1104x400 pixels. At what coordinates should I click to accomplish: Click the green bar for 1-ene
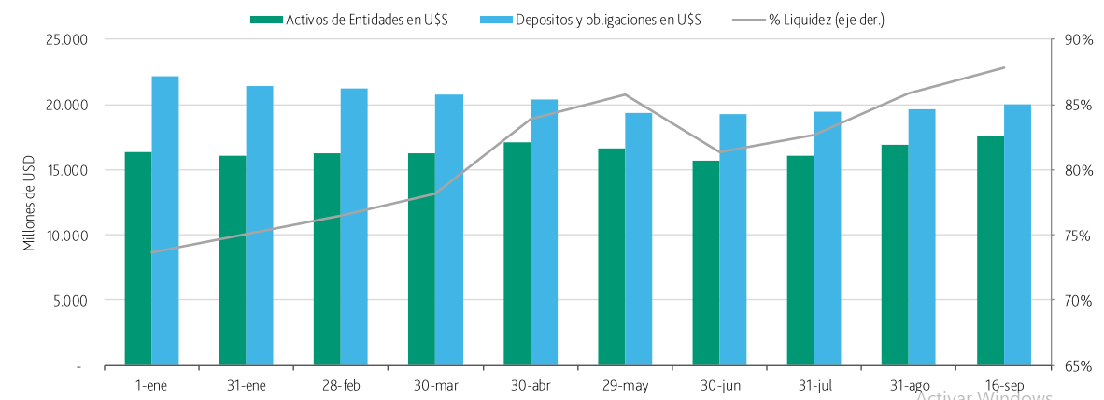[138, 258]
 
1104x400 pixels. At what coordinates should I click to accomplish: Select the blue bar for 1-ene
[165, 221]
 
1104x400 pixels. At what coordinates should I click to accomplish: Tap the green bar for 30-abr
[517, 253]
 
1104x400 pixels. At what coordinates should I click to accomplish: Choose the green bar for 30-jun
[706, 263]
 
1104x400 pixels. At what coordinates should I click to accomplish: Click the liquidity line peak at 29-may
[624, 94]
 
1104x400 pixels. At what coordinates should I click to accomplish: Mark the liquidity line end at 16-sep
[1003, 67]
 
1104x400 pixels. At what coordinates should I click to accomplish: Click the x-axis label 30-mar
[435, 385]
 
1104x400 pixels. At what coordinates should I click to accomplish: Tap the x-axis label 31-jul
[814, 385]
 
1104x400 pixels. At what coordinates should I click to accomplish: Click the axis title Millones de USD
[30, 204]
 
